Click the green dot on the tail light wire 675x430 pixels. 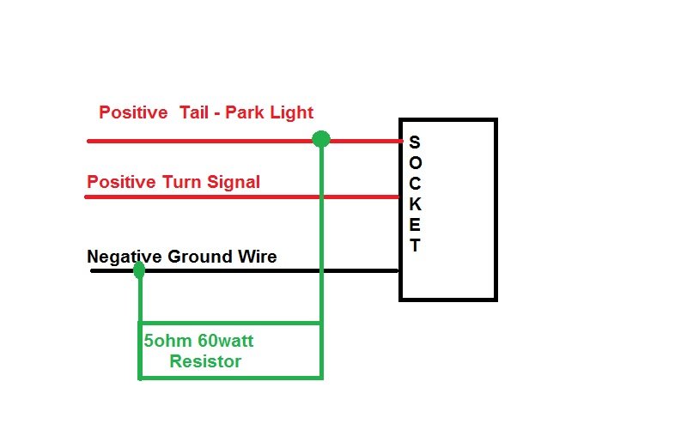pyautogui.click(x=320, y=139)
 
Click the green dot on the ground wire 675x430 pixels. pyautogui.click(x=139, y=271)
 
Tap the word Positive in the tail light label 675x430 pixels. pyautogui.click(x=132, y=112)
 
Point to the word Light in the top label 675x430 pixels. pyautogui.click(x=292, y=112)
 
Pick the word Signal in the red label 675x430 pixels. pyautogui.click(x=233, y=182)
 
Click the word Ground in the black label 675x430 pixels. pyautogui.click(x=198, y=257)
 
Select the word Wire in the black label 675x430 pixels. pyautogui.click(x=257, y=257)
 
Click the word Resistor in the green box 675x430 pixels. pyautogui.click(x=205, y=361)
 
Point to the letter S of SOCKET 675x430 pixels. pyautogui.click(x=415, y=142)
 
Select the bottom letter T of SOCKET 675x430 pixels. pyautogui.click(x=415, y=245)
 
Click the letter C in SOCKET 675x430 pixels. pyautogui.click(x=415, y=184)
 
